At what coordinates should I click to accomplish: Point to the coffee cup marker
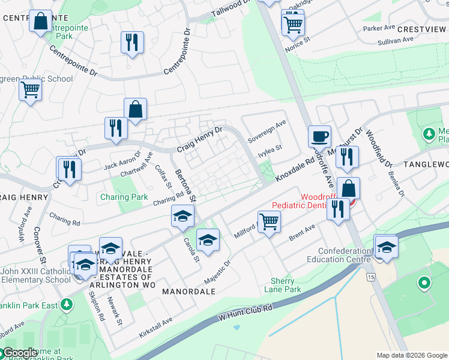pyautogui.click(x=319, y=136)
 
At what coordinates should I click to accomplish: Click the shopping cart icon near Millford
pyautogui.click(x=270, y=221)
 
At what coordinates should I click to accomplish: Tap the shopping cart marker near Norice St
pyautogui.click(x=293, y=25)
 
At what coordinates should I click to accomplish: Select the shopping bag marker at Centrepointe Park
pyautogui.click(x=41, y=22)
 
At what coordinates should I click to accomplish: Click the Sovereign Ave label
pyautogui.click(x=267, y=132)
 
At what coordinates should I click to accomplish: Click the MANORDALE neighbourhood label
pyautogui.click(x=188, y=291)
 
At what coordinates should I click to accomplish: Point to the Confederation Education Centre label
pyautogui.click(x=339, y=255)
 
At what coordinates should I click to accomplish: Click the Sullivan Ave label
pyautogui.click(x=396, y=40)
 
